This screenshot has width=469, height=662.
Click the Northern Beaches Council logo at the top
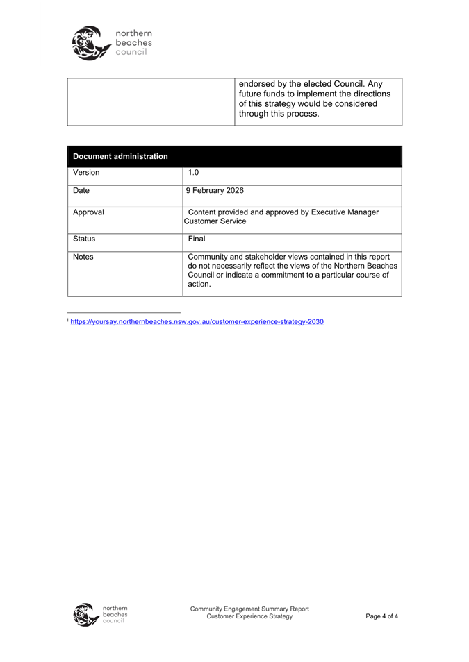tap(110, 43)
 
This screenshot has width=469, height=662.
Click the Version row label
tap(86, 172)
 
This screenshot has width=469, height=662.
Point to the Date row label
tap(82, 190)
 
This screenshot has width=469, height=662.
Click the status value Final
tap(198, 239)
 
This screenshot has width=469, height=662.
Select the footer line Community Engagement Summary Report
tap(249, 609)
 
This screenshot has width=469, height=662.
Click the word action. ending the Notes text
tap(200, 284)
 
